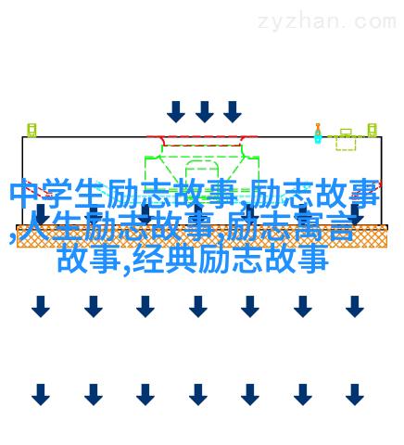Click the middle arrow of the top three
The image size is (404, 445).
(x=205, y=112)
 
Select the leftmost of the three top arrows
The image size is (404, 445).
(x=176, y=112)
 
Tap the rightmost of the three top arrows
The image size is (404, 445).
(x=233, y=112)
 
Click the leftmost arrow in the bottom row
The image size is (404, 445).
(x=41, y=395)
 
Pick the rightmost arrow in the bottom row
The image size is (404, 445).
(x=355, y=395)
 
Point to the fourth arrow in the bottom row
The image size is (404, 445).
(x=198, y=395)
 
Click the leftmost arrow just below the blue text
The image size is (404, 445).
(x=41, y=307)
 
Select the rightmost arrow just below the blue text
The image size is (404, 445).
(x=355, y=307)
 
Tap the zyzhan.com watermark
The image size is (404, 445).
(x=327, y=22)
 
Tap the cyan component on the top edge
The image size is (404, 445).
(x=318, y=133)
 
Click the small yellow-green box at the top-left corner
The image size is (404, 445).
(x=32, y=130)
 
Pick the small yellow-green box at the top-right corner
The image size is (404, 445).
(x=372, y=130)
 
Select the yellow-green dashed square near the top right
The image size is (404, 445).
(x=346, y=144)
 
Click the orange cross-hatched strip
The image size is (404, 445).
(x=202, y=236)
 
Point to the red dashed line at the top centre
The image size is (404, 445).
(x=202, y=136)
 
